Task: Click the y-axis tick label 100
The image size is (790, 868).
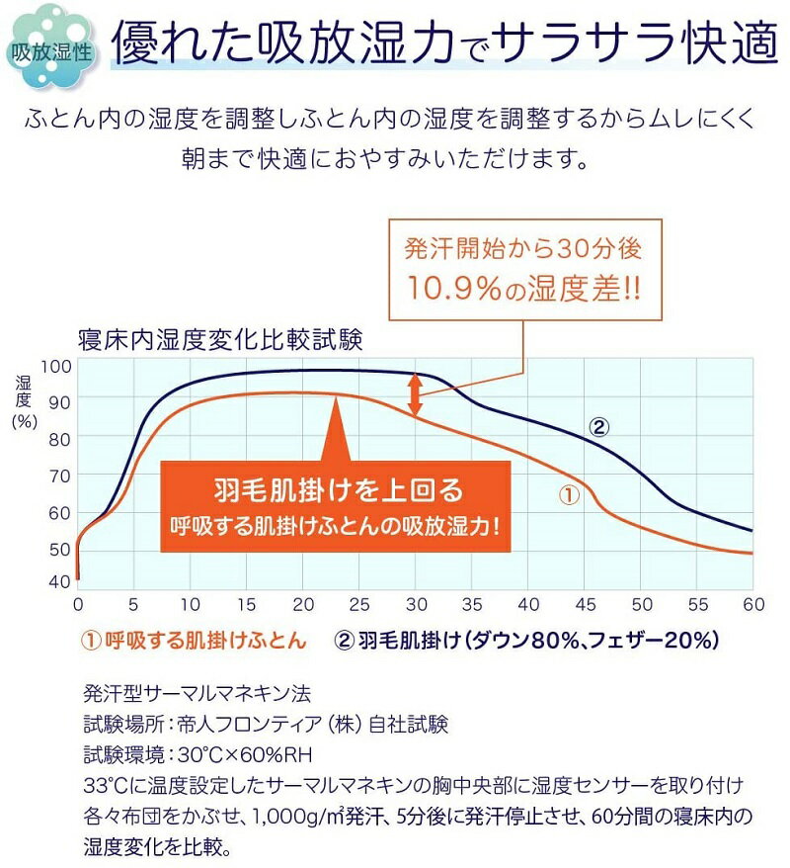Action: [59, 365]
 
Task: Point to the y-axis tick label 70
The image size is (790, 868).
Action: [59, 476]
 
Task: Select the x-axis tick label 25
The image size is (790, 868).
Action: [360, 604]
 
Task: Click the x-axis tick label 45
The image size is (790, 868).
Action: [587, 604]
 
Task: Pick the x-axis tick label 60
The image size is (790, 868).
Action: [754, 604]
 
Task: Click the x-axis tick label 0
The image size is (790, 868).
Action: [78, 604]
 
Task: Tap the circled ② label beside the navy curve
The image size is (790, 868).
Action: [598, 428]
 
